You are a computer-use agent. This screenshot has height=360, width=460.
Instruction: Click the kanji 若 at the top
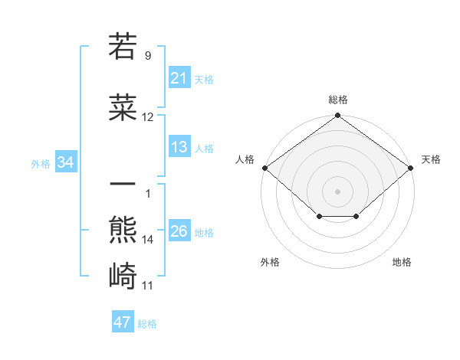pyautogui.click(x=123, y=47)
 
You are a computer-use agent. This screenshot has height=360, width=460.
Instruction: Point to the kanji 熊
pyautogui.click(x=123, y=229)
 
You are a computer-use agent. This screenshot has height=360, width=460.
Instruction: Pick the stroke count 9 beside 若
pyautogui.click(x=148, y=55)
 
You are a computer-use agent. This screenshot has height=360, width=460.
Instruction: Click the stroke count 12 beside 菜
pyautogui.click(x=148, y=117)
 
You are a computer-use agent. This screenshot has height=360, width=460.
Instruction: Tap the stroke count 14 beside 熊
pyautogui.click(x=148, y=240)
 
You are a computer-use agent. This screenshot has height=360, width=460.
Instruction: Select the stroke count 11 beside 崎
pyautogui.click(x=148, y=286)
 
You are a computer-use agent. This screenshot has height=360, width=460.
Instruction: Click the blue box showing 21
pyautogui.click(x=179, y=78)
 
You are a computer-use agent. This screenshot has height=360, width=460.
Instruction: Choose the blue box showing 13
pyautogui.click(x=179, y=147)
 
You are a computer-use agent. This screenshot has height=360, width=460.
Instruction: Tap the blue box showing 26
pyautogui.click(x=179, y=231)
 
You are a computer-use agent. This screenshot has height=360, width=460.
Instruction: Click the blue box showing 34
pyautogui.click(x=65, y=162)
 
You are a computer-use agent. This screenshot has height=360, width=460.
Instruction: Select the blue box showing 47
pyautogui.click(x=122, y=322)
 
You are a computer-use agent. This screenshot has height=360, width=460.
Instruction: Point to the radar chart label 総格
pyautogui.click(x=337, y=100)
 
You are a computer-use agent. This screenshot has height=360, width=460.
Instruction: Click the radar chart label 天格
pyautogui.click(x=431, y=159)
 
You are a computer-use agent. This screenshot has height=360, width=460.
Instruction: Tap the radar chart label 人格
pyautogui.click(x=245, y=159)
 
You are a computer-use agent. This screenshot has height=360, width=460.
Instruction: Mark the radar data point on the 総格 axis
pyautogui.click(x=337, y=116)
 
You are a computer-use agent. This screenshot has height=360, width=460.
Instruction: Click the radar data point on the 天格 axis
pyautogui.click(x=412, y=167)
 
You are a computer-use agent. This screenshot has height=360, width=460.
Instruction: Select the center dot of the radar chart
pyautogui.click(x=337, y=191)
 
